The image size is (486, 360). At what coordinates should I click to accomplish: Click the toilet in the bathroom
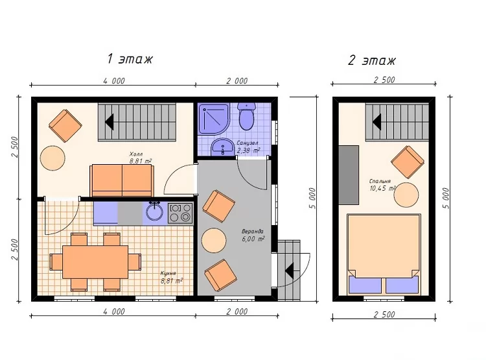[247, 117]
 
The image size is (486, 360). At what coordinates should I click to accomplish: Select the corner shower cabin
[214, 119]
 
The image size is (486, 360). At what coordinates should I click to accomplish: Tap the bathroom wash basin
[222, 147]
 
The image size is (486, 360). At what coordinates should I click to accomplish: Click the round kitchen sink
[154, 211]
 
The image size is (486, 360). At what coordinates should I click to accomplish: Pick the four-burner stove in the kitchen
[180, 213]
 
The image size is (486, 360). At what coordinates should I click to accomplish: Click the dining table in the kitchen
[95, 262]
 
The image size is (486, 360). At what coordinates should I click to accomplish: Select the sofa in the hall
[122, 180]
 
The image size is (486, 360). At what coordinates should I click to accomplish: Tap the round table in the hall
[52, 158]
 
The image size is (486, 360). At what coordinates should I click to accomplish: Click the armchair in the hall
[65, 126]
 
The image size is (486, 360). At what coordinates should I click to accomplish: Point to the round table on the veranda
[214, 241]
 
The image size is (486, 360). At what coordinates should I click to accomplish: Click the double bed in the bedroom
[384, 254]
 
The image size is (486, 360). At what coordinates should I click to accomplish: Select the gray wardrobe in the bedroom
[349, 175]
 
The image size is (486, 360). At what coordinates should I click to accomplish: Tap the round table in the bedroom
[406, 195]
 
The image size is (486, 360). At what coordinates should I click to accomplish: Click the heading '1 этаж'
[130, 59]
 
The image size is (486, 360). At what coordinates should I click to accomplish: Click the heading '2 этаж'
[372, 60]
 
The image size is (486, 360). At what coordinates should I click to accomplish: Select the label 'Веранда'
[253, 232]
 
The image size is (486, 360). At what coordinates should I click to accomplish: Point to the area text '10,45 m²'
[383, 188]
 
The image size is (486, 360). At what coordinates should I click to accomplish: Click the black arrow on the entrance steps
[290, 270]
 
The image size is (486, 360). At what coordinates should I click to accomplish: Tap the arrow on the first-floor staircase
[109, 122]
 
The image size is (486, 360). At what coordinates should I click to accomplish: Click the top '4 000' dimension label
[114, 81]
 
